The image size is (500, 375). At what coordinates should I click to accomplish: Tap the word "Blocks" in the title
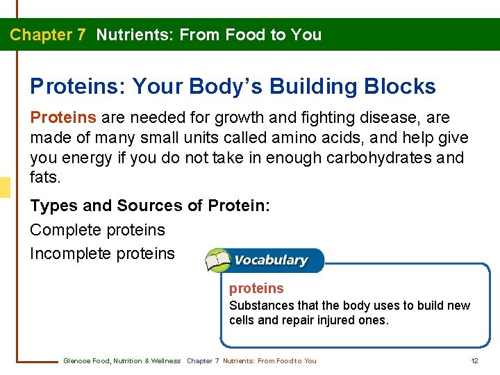point(401,87)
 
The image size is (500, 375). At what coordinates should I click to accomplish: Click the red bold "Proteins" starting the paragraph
point(65,118)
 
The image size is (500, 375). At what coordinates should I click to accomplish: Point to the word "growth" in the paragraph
point(244,118)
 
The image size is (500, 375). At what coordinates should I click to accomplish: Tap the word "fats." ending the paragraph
point(45,177)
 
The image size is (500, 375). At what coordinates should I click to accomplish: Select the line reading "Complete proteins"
point(97,230)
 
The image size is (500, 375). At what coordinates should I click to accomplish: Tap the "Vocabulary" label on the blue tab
point(271,260)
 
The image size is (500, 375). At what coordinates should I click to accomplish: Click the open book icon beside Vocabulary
point(219,260)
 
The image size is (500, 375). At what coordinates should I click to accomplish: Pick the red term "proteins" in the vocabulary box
point(256,288)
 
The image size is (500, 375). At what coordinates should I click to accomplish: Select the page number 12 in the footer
point(474,360)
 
